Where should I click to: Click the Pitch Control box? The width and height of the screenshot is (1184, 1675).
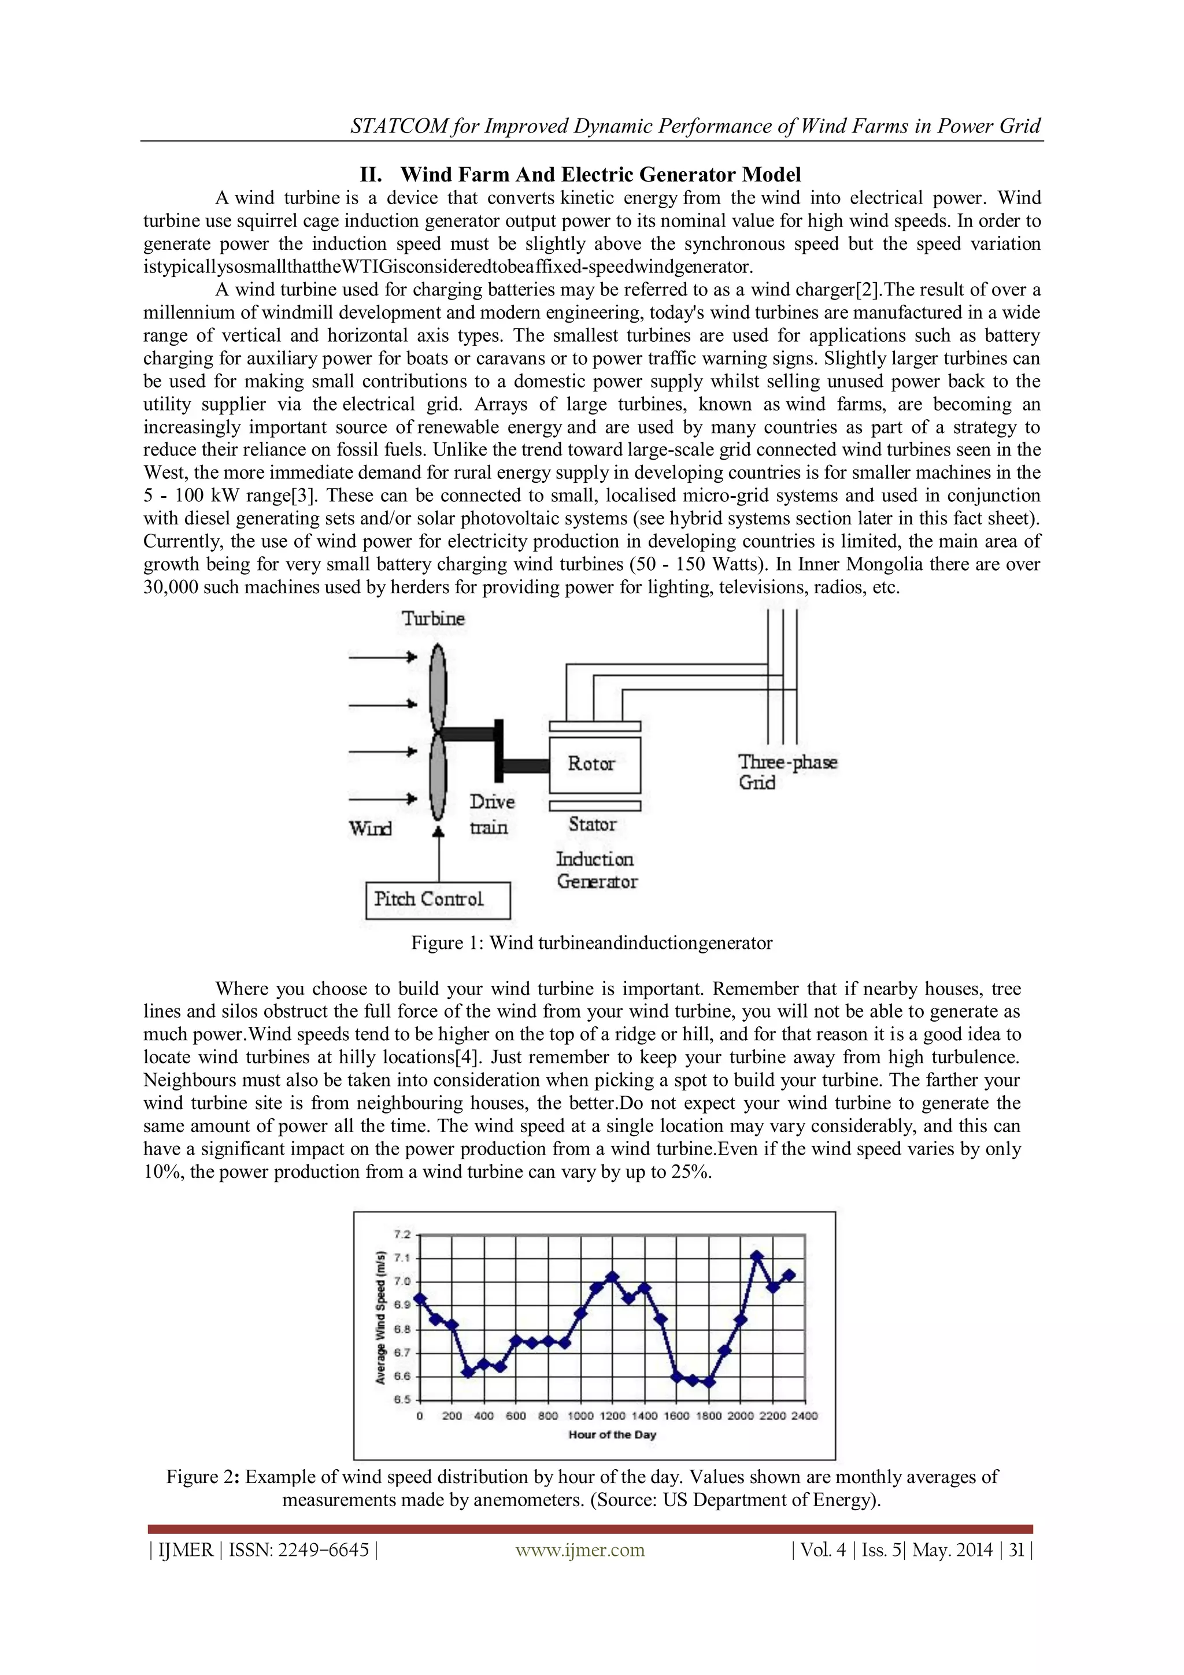tap(437, 900)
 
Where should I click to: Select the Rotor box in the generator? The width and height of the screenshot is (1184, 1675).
tap(594, 764)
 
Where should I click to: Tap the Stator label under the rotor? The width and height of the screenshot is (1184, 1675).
tap(593, 824)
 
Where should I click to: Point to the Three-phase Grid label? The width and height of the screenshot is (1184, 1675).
tap(786, 772)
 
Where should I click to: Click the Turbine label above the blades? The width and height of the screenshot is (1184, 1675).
tap(434, 619)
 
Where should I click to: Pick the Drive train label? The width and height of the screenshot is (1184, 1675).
tap(491, 814)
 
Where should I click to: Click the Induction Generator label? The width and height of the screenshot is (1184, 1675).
tap(596, 870)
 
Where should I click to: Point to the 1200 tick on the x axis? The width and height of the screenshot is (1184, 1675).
tap(612, 1416)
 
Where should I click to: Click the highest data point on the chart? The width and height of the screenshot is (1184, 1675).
tap(757, 1255)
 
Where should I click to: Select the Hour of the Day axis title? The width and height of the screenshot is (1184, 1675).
tap(612, 1435)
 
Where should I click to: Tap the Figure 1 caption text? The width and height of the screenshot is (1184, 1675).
tap(591, 943)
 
